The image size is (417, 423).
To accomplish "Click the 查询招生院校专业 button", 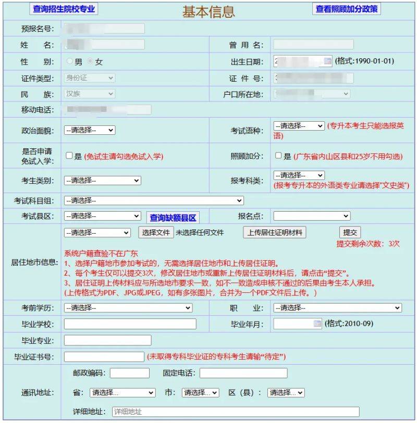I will coord(64,9).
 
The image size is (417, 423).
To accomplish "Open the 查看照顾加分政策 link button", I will coord(347,9).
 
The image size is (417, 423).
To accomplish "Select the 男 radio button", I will coord(70,61).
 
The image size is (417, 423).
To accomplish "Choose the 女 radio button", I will coord(91,61).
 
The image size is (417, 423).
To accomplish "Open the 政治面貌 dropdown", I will coord(89,130).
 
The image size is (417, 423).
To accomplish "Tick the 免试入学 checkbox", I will coord(69,155).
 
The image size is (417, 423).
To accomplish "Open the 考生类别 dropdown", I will coord(102,181).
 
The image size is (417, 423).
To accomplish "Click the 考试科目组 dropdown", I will coord(154,200).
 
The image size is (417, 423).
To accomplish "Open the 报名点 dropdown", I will coord(312,216).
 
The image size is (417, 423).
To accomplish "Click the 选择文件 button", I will coord(156,233).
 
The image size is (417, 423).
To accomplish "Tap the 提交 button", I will coord(349,233).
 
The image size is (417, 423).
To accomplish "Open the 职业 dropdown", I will coord(337,308).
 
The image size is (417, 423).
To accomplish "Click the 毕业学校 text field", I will coord(130,324).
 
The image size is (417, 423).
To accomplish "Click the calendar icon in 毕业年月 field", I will coord(317,324).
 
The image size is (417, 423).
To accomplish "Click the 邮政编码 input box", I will coord(130,373).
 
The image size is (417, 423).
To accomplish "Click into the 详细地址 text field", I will coord(236,412).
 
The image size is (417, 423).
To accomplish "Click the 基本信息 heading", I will coord(208,11).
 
